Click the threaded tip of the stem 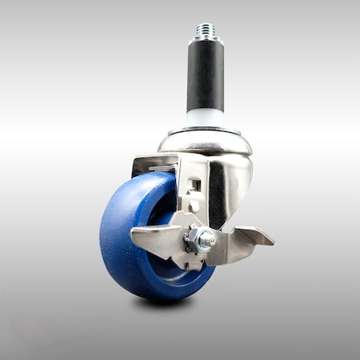206,31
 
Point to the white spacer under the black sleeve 206,118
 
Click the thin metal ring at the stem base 206,130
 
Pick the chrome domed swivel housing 206,142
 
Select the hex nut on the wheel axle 201,238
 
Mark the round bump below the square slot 194,205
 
